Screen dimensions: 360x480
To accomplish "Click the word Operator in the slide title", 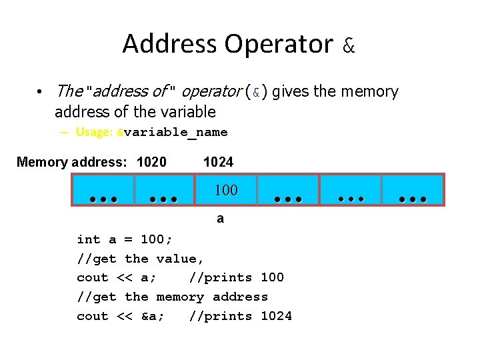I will [x=279, y=44].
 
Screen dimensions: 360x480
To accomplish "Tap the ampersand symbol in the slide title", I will [x=349, y=45].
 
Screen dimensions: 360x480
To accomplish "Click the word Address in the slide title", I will [x=170, y=44].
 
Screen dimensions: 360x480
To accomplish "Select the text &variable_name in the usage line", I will [x=172, y=132].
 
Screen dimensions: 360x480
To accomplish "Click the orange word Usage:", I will [x=95, y=132].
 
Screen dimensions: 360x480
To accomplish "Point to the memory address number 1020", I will [x=151, y=162].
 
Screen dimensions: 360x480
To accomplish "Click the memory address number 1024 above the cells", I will [x=218, y=162].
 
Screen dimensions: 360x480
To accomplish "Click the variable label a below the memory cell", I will [x=221, y=218].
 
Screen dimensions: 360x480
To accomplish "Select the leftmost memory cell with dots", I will [x=103, y=190].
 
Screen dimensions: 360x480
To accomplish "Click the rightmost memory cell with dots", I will [x=413, y=190].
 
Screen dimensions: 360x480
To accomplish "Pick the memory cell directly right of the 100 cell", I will [x=288, y=190].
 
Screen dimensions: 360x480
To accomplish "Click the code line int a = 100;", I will [x=125, y=239].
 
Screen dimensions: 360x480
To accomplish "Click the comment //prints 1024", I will [x=240, y=316].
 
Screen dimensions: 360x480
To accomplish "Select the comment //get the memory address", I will [x=172, y=297].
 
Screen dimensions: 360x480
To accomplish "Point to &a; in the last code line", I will [x=153, y=316].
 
